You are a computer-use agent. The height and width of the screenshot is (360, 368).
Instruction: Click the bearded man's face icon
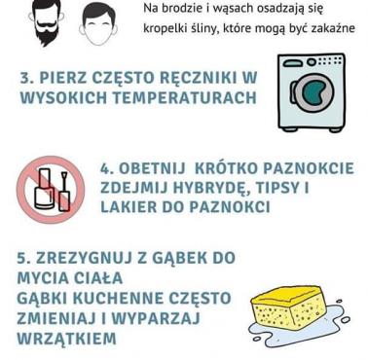(x=47, y=22)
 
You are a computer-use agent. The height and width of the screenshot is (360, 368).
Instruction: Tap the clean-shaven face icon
(x=98, y=25)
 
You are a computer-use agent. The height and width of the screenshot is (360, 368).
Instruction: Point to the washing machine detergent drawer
(x=294, y=62)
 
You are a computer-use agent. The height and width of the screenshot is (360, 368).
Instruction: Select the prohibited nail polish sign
(x=51, y=190)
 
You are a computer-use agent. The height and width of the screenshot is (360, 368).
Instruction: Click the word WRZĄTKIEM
(x=66, y=339)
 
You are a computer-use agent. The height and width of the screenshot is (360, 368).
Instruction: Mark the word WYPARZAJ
(x=156, y=318)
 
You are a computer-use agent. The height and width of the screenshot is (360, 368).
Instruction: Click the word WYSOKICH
(x=63, y=97)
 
